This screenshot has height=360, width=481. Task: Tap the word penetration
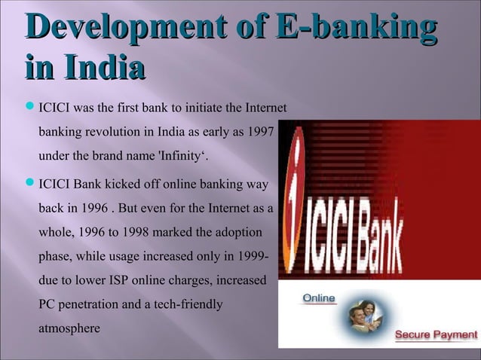tap(89, 305)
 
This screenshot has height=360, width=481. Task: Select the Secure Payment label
tap(434, 334)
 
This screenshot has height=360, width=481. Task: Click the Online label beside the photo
tap(319, 298)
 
